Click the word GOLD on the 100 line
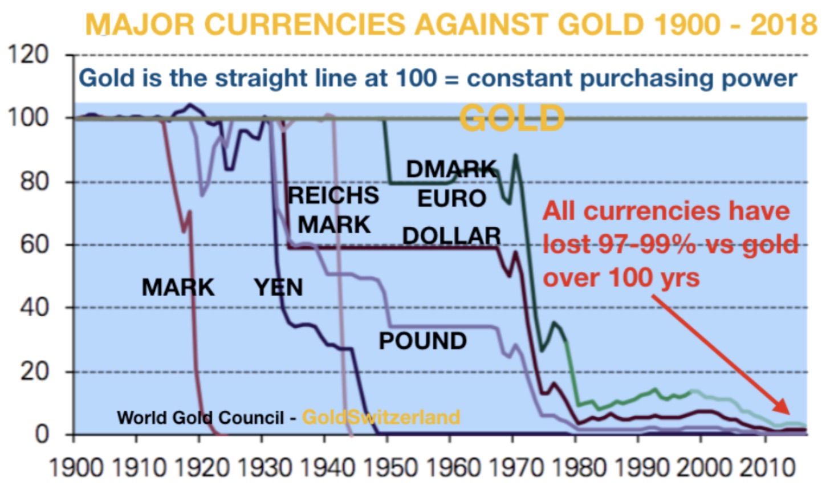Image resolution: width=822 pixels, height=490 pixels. point(511,119)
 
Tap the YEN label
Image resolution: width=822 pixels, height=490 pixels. point(278,287)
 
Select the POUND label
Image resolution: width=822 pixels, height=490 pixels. point(422,341)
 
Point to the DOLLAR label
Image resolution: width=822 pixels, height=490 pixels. point(451,235)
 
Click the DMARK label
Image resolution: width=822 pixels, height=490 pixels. point(451,169)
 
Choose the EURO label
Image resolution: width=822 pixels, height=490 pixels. point(451,198)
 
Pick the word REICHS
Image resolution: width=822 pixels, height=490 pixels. point(333,195)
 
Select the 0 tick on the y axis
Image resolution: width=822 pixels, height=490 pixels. point(42,434)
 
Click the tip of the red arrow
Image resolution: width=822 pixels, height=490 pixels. point(789,413)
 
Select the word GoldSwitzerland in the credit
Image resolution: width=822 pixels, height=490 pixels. point(381,417)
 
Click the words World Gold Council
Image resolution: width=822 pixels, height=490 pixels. point(200,418)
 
